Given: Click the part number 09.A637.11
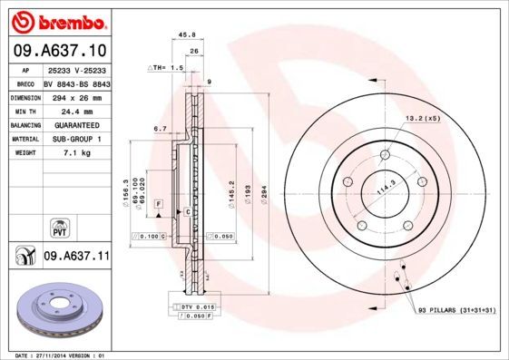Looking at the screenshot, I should [76, 258].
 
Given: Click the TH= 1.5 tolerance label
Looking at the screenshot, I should [167, 68].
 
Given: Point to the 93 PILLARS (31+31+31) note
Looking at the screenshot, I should [455, 311].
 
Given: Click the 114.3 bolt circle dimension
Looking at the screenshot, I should [388, 185].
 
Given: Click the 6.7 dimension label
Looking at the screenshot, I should [160, 129].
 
